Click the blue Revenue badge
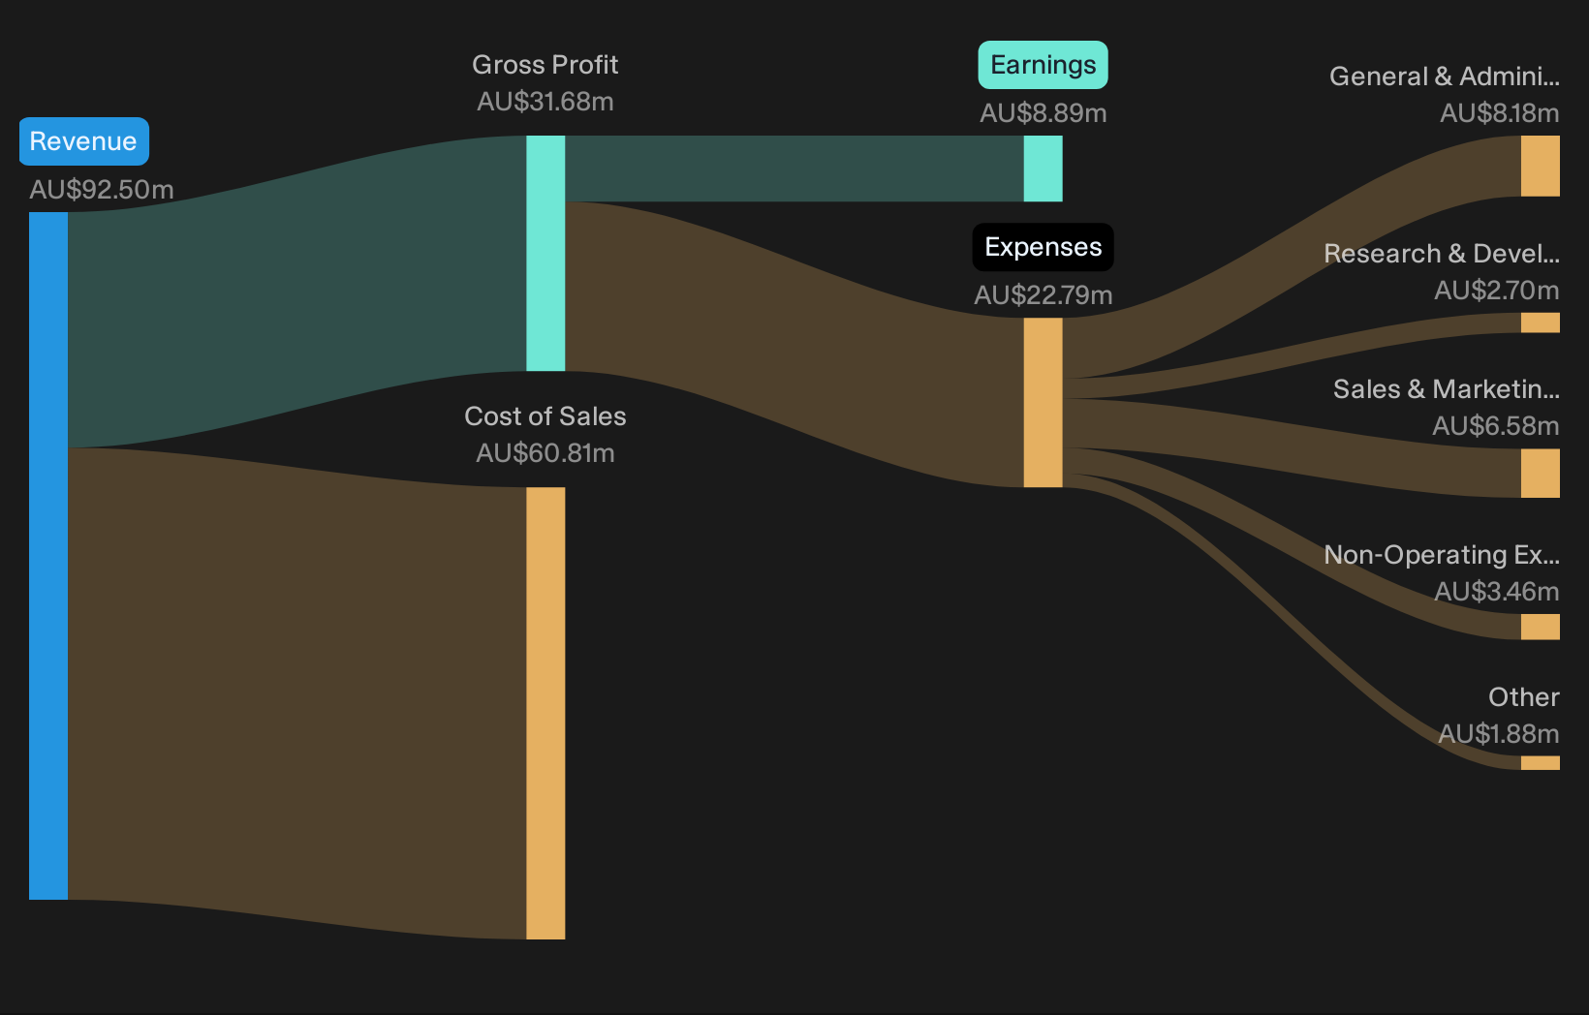click(83, 141)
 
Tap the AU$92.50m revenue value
click(102, 190)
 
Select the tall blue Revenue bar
click(48, 555)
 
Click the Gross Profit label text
click(545, 65)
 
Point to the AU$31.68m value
click(545, 102)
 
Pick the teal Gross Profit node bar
click(545, 253)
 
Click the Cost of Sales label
click(545, 416)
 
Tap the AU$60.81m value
click(545, 453)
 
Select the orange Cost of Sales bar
click(545, 713)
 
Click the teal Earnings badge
click(1043, 65)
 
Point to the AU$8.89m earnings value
click(1043, 112)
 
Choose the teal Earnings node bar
click(1043, 169)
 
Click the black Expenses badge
click(1043, 247)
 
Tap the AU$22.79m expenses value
click(1043, 295)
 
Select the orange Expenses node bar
click(1043, 402)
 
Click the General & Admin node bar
click(1540, 166)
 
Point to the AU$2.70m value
click(1497, 291)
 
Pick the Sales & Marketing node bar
click(1540, 473)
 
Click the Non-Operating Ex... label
click(1442, 555)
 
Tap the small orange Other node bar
click(1540, 762)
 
